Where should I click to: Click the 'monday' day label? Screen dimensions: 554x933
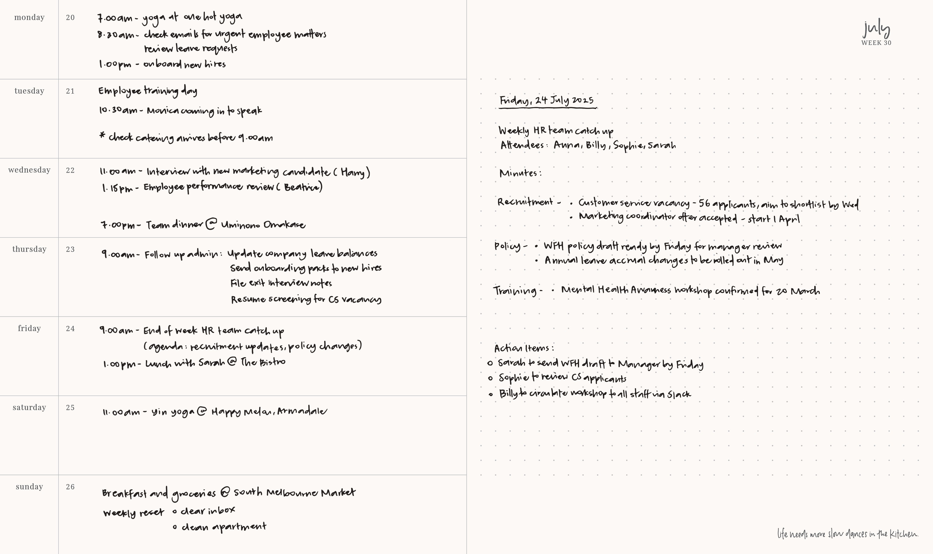[29, 18]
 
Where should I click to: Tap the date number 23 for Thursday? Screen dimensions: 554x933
[70, 249]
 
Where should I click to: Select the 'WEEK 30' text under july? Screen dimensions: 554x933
[876, 43]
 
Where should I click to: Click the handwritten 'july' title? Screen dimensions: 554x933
[876, 29]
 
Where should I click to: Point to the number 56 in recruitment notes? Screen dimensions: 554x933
[704, 203]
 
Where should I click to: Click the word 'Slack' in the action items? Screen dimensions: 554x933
[679, 395]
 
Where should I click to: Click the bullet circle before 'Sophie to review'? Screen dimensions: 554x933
[490, 378]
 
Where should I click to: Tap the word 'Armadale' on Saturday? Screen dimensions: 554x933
[302, 411]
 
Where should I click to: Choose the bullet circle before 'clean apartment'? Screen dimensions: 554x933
[175, 527]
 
